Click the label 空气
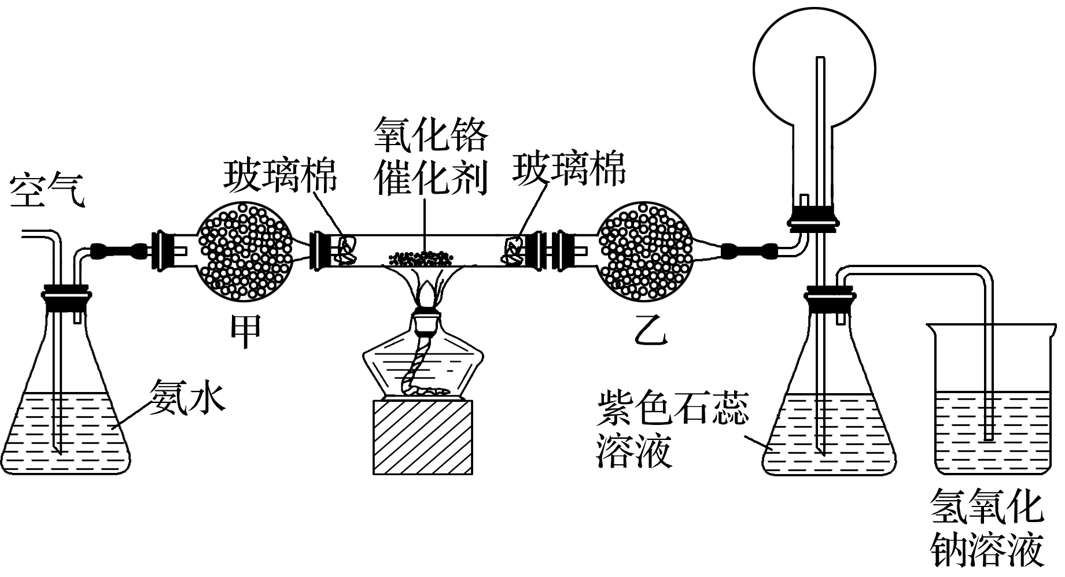(x=47, y=188)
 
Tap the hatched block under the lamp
(x=423, y=437)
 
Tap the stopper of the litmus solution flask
(x=828, y=296)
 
